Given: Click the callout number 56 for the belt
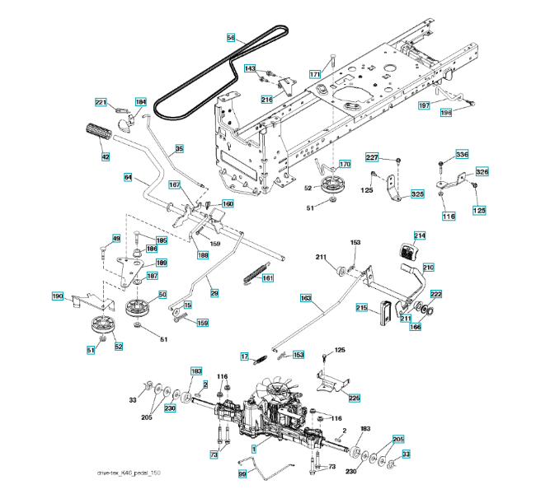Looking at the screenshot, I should click(231, 37).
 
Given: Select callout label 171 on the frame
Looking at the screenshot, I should click(315, 74).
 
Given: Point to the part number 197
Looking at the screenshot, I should click(424, 105).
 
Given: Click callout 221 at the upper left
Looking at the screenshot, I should click(101, 102).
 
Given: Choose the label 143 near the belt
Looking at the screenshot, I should click(251, 68).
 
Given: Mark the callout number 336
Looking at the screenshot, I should click(462, 155).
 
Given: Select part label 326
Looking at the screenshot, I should click(482, 172).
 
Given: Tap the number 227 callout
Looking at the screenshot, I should click(372, 157).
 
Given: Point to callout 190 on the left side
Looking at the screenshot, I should click(58, 296).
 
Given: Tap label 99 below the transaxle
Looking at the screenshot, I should click(242, 474).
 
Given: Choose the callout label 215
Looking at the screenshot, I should click(361, 307).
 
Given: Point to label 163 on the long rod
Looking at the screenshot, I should click(306, 297).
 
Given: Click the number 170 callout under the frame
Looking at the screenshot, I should click(345, 164).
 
